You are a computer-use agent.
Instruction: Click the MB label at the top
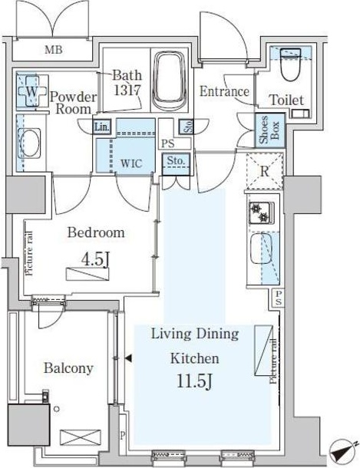(54, 50)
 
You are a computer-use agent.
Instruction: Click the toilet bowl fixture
(291, 64)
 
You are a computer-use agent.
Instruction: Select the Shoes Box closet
(270, 130)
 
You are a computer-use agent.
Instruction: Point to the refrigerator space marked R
(264, 171)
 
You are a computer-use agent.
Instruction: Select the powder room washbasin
(29, 143)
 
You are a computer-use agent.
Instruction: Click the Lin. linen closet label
(101, 127)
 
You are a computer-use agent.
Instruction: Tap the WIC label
(131, 163)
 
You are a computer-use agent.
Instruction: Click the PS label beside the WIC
(168, 144)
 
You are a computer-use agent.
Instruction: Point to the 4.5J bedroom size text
(95, 260)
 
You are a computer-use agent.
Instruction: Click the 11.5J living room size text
(194, 381)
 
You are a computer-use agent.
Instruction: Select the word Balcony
(68, 368)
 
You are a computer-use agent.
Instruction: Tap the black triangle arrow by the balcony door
(128, 358)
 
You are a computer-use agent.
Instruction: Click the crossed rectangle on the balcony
(81, 437)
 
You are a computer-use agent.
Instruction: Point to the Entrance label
(224, 91)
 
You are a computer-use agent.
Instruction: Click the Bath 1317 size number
(127, 90)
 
